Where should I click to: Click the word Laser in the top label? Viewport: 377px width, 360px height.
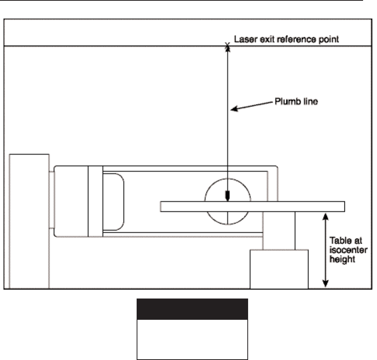coord(243,39)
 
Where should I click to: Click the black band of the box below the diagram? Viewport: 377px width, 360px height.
coord(192,309)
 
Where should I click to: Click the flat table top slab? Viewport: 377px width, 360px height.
coord(252,206)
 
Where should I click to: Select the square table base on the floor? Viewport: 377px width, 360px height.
coord(279,269)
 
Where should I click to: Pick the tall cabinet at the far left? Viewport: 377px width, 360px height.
coord(29,220)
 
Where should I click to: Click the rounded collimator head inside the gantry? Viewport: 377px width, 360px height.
coord(113,201)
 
